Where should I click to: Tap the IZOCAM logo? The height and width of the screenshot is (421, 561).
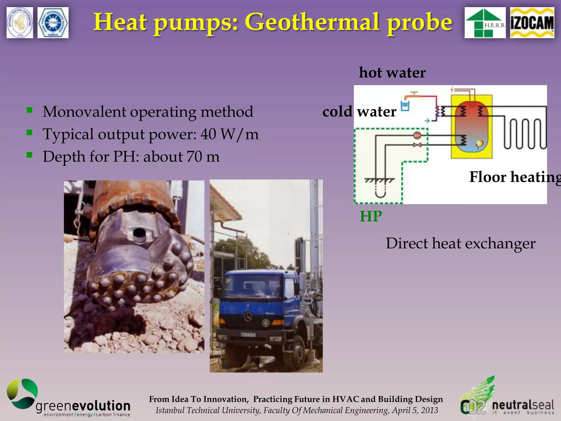point(532,23)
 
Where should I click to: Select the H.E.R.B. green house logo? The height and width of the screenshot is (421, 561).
point(485,23)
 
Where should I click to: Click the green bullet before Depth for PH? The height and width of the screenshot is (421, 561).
point(30,155)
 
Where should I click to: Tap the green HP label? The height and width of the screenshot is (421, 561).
point(371,216)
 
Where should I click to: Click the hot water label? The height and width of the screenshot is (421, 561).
point(392,73)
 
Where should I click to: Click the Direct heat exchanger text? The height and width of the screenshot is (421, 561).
point(460,243)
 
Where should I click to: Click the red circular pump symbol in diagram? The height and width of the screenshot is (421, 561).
point(417,135)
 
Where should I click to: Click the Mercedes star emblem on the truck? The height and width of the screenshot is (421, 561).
point(248,317)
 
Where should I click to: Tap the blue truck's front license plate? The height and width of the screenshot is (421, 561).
point(248,335)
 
